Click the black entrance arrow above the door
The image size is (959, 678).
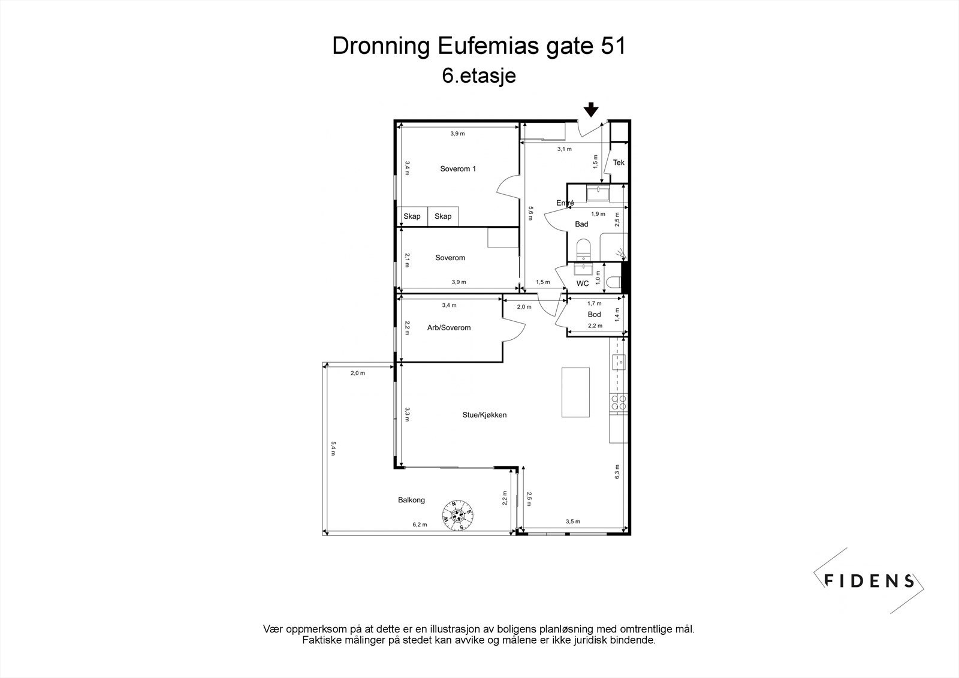click(591, 109)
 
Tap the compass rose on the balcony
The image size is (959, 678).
click(458, 516)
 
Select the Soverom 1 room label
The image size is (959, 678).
click(458, 168)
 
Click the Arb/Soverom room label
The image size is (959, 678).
click(449, 328)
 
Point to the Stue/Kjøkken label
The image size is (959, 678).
click(484, 415)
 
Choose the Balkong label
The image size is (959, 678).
click(411, 500)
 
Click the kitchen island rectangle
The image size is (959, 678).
click(575, 392)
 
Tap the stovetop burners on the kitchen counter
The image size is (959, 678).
click(619, 402)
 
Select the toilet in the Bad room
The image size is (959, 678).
click(583, 250)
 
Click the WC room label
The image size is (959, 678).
click(582, 284)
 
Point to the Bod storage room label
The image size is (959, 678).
click(594, 314)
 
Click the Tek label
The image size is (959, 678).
click(619, 162)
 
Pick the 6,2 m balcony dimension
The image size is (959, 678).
click(420, 525)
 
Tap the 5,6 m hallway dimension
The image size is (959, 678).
click(530, 213)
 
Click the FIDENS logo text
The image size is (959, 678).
click(869, 581)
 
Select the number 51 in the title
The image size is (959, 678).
click(613, 46)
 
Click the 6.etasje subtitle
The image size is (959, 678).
click(479, 76)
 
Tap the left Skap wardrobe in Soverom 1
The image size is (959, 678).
click(412, 216)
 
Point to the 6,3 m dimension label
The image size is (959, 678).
click(617, 472)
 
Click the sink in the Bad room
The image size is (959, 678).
click(598, 193)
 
